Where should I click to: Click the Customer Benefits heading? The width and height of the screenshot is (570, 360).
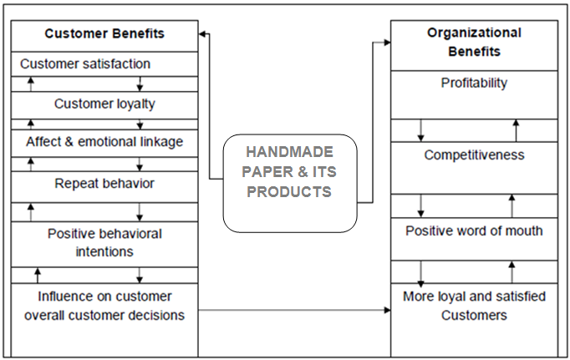[104, 34]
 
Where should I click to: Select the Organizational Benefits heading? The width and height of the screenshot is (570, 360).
[474, 42]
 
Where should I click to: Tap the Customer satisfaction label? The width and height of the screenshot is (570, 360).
[85, 63]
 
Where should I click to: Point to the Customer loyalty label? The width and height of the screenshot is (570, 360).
[104, 104]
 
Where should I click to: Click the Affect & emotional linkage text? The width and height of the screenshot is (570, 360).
[104, 142]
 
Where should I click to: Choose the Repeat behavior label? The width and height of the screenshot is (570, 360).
[104, 183]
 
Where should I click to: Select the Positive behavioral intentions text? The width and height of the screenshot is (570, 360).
[104, 241]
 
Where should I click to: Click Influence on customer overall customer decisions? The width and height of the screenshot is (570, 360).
[104, 306]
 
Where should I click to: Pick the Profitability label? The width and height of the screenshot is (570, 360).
[474, 83]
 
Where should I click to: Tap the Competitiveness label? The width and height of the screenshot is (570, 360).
[474, 155]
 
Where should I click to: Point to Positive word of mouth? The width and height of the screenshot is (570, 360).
[474, 231]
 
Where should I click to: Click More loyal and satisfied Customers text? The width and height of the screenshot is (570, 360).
[474, 306]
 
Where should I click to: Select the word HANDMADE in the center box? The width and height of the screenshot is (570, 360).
[290, 152]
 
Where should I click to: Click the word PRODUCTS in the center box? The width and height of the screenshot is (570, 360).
[290, 191]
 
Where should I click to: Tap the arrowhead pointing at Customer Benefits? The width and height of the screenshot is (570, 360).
[203, 34]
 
